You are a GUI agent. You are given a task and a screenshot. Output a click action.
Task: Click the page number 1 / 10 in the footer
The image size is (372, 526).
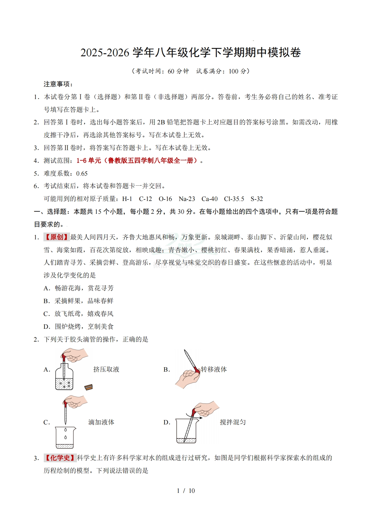pos(186,491)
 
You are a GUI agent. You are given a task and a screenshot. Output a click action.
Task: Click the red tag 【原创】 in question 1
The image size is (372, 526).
pos(57,237)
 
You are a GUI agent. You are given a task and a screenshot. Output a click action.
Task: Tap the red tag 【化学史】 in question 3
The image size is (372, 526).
pos(60,458)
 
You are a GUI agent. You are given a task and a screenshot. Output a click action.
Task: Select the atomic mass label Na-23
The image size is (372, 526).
pos(187,199)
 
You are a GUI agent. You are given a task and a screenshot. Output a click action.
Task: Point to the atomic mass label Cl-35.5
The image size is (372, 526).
pos(234,199)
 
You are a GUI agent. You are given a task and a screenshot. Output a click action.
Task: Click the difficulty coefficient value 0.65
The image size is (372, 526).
pos(82,173)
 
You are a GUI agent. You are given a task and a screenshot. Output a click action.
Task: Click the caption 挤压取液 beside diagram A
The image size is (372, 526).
pos(106,369)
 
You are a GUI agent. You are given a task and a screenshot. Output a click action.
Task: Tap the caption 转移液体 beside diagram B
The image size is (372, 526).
pos(214,369)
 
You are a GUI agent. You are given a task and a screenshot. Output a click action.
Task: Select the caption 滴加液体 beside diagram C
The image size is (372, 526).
pos(101,422)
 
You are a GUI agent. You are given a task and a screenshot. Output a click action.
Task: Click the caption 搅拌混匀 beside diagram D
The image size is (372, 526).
pos(233,422)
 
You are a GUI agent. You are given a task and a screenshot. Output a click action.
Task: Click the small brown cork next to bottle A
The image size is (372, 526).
pos(88,387)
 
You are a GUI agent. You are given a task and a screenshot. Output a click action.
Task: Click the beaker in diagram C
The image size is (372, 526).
pos(65,437)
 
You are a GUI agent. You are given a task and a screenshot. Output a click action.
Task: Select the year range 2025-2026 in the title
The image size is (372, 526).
pos(105,53)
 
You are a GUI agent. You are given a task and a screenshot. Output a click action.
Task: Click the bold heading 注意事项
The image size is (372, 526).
pos(58,84)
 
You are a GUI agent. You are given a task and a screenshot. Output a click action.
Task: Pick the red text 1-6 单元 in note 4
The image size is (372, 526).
pos(89,161)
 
